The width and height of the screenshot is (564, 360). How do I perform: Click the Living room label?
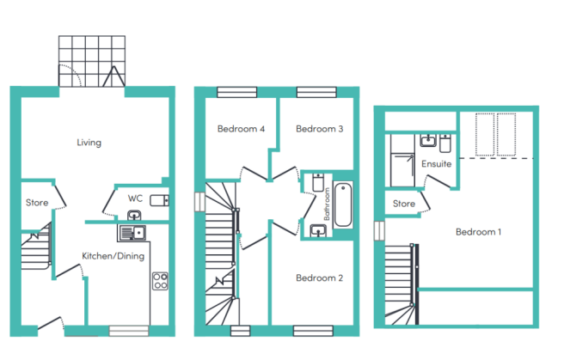click(x=89, y=143)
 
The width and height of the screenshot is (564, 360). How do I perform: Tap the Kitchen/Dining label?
click(x=113, y=256)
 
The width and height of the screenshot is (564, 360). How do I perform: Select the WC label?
click(x=135, y=198)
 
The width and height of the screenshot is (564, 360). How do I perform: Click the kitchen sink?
click(x=132, y=233)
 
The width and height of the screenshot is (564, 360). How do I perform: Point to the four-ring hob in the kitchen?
click(x=160, y=281)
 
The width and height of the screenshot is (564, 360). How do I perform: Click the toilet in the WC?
click(x=159, y=200)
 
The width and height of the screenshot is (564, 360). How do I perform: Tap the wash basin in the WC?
click(x=134, y=216)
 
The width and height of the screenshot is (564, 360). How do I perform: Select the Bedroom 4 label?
click(x=241, y=129)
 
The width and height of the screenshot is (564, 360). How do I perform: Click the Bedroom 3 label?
click(x=320, y=129)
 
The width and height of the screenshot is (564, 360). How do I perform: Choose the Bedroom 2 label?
click(x=320, y=278)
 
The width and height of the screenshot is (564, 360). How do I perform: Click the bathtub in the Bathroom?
click(x=343, y=204)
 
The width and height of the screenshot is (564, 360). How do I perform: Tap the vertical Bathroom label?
click(x=327, y=204)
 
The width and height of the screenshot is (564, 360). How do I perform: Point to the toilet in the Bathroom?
click(x=318, y=182)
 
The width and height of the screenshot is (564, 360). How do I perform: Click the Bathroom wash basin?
click(x=318, y=230)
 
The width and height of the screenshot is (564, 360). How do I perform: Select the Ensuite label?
click(x=436, y=164)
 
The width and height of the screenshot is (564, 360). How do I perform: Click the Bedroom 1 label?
click(x=478, y=232)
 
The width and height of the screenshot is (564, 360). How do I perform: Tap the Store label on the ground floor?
click(x=37, y=203)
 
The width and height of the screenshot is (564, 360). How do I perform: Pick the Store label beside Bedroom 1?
click(x=404, y=204)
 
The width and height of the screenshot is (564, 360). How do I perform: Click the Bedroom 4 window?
click(x=237, y=92)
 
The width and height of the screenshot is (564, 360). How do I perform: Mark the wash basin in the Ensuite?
click(x=428, y=140)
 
